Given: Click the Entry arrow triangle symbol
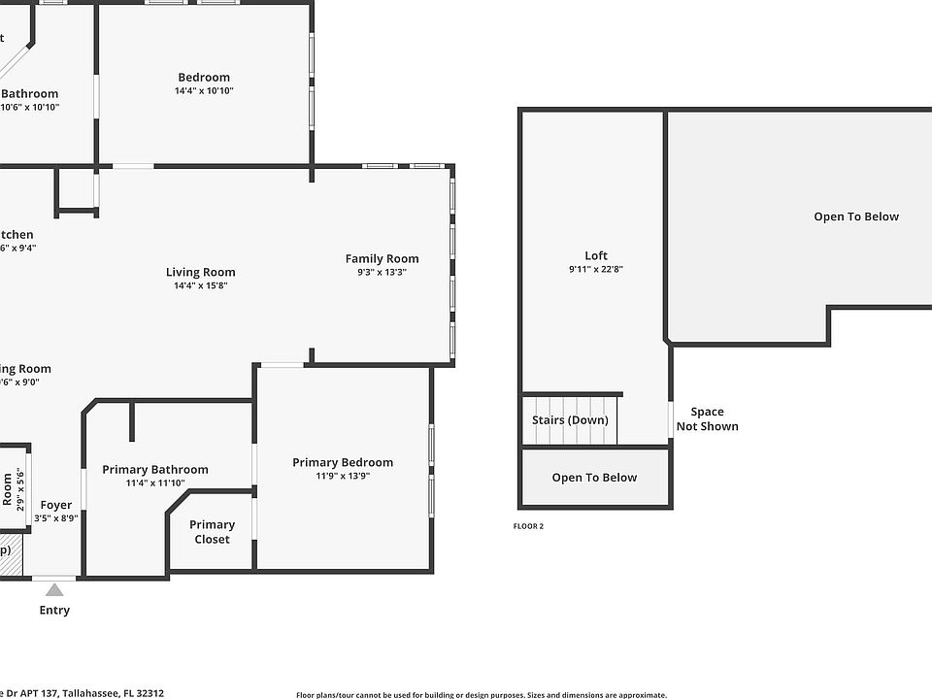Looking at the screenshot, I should pos(54,589).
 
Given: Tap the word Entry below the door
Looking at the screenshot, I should pos(54,611).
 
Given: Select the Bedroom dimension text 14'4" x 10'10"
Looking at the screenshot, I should pos(204,91).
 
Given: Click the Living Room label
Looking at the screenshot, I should pos(200,273).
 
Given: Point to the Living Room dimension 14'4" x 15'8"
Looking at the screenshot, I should pos(200,286).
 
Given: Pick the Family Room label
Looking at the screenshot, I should pos(383,258).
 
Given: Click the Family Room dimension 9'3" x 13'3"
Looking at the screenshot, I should pos(383,273).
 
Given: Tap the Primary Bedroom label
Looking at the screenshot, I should pos(343,463).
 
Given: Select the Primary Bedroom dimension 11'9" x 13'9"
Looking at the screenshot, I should pos(343,477).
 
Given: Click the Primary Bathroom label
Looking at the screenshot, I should pos(155,470).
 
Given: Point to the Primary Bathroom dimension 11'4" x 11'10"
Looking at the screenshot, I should pos(155,483).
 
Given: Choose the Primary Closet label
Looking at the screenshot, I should pos(212,532).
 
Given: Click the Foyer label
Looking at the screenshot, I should pos(55,505).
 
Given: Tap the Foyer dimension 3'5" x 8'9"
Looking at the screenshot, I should pos(55,518).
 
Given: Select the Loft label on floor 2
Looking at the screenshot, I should pos(596,256).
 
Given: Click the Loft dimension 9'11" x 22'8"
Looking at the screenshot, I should pos(596,270).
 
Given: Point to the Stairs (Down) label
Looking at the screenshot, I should pos(570,420).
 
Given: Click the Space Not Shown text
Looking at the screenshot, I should pos(707,419).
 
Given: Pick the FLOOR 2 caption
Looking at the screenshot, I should pos(528,526).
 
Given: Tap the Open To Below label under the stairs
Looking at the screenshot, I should pos(594,478).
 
